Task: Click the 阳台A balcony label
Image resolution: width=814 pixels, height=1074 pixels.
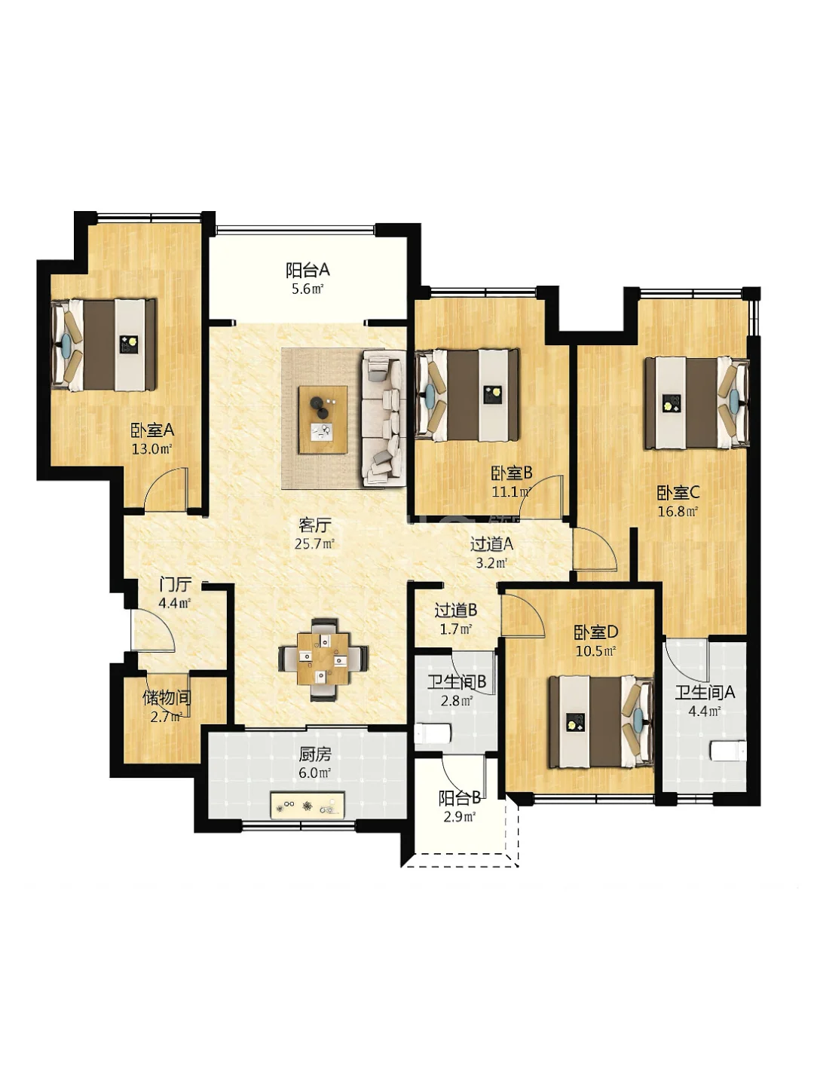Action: [308, 269]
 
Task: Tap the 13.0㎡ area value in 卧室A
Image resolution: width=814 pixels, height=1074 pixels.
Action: [151, 448]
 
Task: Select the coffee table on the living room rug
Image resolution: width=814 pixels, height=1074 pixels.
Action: [323, 419]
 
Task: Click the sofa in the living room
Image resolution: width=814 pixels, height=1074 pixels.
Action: [384, 418]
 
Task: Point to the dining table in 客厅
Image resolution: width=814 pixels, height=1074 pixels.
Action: [323, 659]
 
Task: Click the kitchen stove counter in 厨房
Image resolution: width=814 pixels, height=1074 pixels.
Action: [308, 804]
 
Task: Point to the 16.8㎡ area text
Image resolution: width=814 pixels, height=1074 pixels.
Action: [677, 512]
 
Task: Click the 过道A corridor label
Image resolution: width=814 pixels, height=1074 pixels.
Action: [491, 543]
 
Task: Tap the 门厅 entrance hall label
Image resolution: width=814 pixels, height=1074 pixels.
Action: [175, 584]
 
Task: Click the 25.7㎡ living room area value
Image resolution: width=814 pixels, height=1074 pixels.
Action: [314, 543]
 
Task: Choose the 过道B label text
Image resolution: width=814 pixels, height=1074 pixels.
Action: [455, 610]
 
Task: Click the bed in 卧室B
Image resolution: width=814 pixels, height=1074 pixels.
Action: [467, 395]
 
